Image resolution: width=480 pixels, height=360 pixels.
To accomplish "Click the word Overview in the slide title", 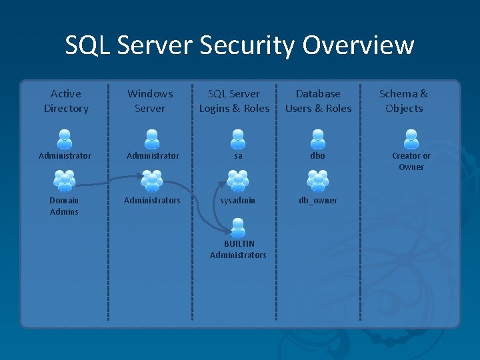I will coord(358,45).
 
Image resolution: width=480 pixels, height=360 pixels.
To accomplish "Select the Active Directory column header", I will coord(66,101).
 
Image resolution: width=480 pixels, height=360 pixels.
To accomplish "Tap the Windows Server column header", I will coord(150,101).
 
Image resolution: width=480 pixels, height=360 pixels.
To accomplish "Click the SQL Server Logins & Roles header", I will coord(234,101).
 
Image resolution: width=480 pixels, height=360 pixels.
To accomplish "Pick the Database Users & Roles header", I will coord(318,101).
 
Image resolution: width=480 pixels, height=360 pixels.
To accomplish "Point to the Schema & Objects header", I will coord(404,101).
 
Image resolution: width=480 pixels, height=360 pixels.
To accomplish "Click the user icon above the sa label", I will coord(238,139).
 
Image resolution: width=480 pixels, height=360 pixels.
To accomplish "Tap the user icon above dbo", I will coord(318,139).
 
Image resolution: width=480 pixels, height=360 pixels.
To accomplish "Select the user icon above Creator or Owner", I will coord(411,139).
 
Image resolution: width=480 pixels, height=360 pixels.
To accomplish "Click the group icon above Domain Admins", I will coord(64,181).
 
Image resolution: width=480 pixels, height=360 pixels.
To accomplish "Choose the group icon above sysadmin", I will coord(238,181).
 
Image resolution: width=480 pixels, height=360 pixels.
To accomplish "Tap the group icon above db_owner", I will coord(318,181).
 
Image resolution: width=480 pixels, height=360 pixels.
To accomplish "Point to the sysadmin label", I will coord(238,200).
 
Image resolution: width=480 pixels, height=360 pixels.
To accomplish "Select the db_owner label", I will coord(318,200).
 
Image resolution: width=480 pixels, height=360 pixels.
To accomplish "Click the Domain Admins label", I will coord(64,206).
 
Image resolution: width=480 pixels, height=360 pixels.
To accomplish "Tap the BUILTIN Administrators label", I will coord(238,249).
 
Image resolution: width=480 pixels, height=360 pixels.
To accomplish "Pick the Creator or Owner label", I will coord(411,161).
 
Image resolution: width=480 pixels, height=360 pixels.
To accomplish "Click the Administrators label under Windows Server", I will coord(152,200).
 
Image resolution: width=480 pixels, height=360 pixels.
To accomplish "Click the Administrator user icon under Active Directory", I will coord(65,139).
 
